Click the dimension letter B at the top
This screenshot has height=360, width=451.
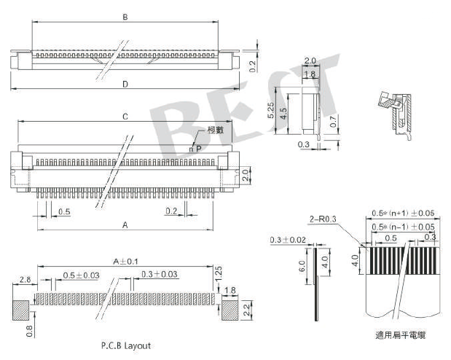tap(125, 17)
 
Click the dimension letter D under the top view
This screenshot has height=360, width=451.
tap(125, 85)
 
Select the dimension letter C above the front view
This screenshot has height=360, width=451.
tap(125, 117)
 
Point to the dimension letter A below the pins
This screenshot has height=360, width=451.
tap(125, 226)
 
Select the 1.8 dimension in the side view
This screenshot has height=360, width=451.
tap(309, 74)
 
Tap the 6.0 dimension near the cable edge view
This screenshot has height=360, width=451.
tap(302, 268)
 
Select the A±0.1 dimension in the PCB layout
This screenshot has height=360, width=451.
tap(126, 261)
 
